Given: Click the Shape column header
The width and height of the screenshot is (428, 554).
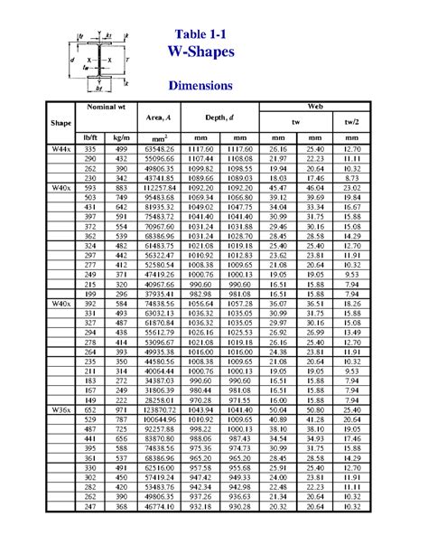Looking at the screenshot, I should pos(61,122).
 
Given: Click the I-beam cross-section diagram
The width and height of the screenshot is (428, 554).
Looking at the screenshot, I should pos(100,61).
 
